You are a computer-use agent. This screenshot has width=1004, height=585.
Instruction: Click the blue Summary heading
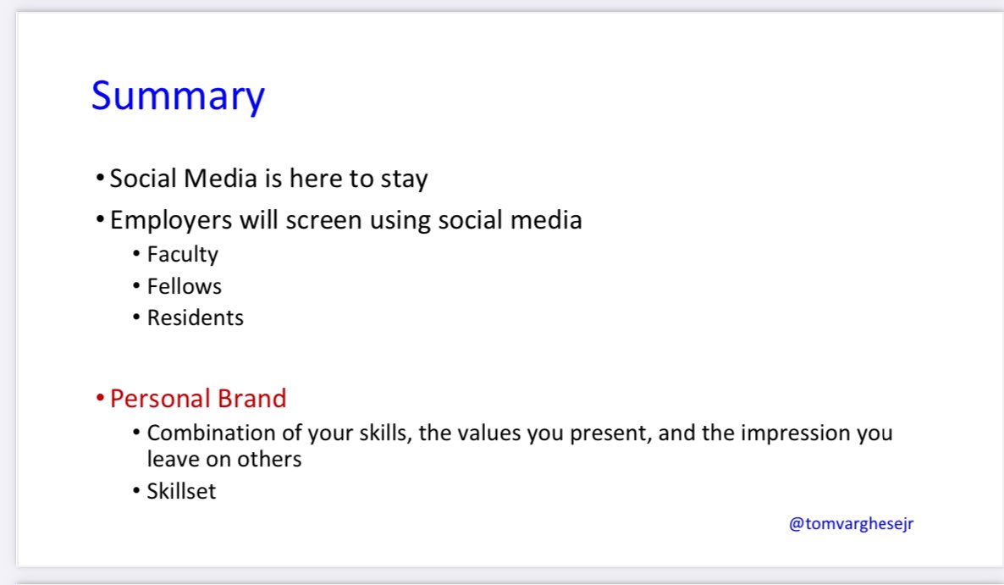click(x=178, y=97)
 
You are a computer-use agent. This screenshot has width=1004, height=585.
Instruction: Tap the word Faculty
click(x=182, y=255)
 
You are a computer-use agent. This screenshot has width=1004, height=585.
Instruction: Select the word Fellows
click(x=184, y=287)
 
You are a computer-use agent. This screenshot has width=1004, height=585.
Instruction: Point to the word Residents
click(x=195, y=318)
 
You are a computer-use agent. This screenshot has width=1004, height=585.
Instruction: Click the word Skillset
click(x=181, y=491)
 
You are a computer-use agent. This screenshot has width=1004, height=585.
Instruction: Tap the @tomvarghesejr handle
click(x=851, y=524)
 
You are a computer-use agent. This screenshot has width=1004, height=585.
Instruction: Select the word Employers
click(x=168, y=221)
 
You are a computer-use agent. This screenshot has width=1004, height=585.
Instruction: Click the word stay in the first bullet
click(x=404, y=179)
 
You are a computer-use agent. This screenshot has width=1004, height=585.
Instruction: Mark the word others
click(x=271, y=460)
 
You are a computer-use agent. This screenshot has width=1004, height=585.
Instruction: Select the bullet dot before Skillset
click(x=136, y=492)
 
